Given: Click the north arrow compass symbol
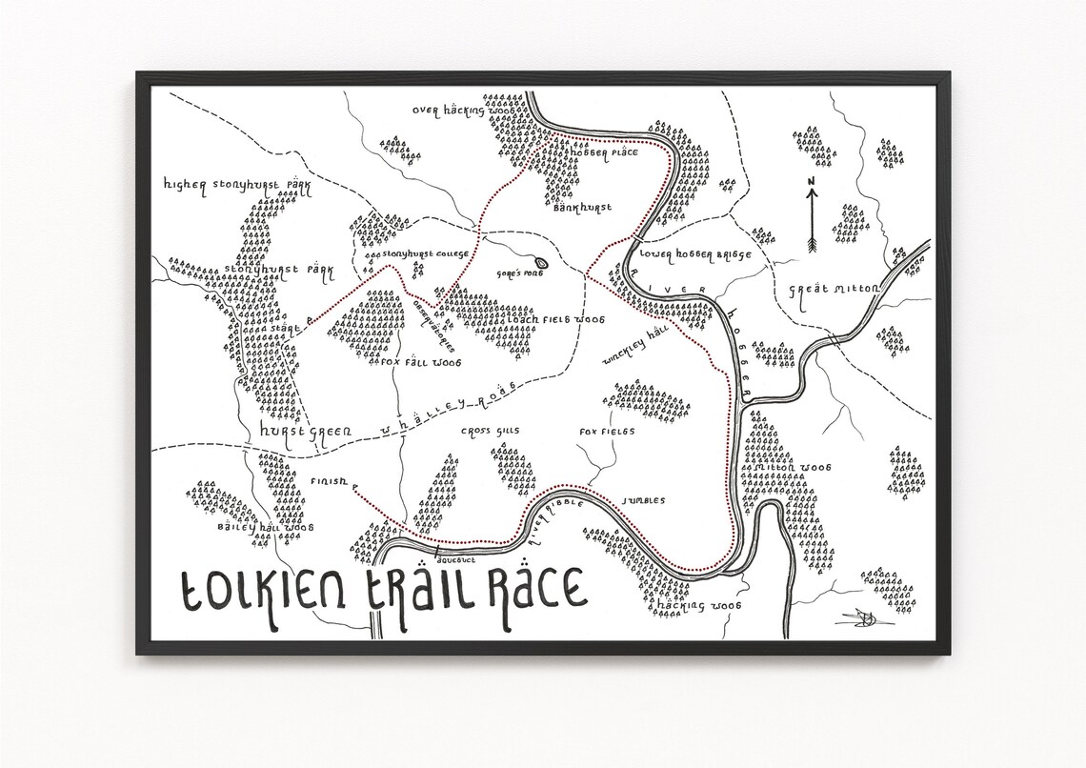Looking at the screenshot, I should click(x=811, y=216).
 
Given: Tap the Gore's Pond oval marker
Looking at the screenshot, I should click(x=542, y=262).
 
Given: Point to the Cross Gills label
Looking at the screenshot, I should click(x=490, y=432).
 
